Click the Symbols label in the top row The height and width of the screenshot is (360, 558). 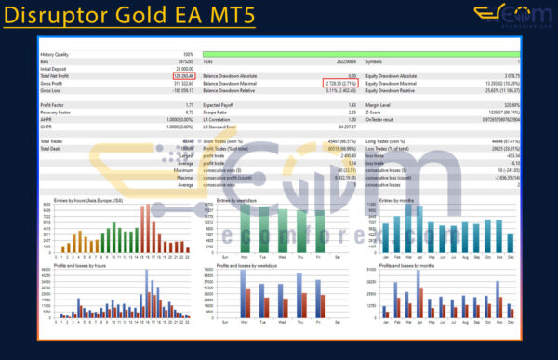click(x=375, y=61)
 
